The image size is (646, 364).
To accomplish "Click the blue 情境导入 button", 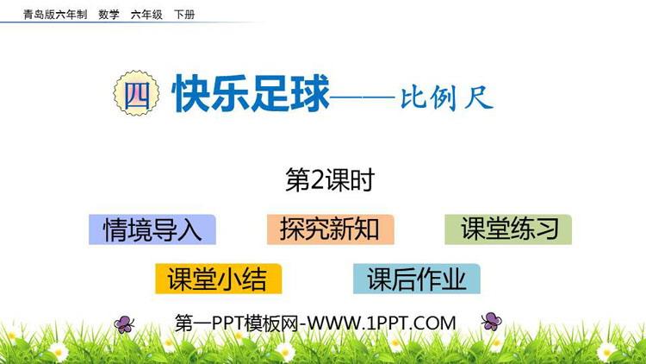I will click(152, 229).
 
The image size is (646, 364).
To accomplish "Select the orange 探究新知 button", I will click(330, 229).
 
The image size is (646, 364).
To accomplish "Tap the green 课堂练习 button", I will click(508, 229).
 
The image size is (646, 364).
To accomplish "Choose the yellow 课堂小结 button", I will click(217, 279).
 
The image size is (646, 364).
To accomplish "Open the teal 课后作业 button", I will click(417, 279).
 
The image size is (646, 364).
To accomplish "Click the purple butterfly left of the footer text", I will click(125, 323).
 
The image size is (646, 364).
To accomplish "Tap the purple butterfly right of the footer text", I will click(492, 322).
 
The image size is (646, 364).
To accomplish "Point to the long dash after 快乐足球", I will click(364, 98).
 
